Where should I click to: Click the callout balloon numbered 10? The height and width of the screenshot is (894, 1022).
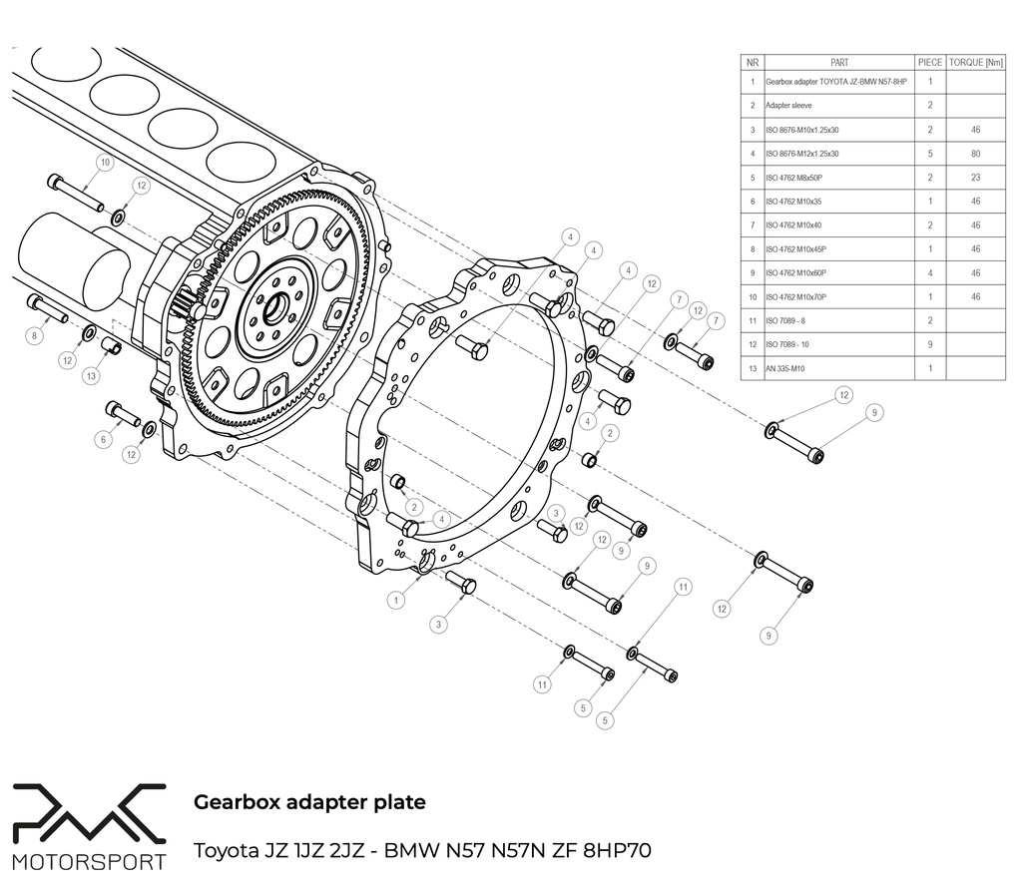click(x=105, y=162)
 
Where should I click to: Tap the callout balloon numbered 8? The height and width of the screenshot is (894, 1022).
click(x=34, y=336)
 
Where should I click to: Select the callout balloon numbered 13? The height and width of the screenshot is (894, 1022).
click(x=91, y=376)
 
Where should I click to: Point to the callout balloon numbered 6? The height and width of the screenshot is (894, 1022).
click(x=101, y=439)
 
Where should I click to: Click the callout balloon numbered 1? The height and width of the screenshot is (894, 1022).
click(x=397, y=601)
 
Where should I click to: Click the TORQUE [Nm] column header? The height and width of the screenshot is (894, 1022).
click(x=975, y=62)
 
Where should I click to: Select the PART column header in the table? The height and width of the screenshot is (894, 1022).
click(x=838, y=62)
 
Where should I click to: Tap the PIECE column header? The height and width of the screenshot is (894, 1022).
click(x=929, y=62)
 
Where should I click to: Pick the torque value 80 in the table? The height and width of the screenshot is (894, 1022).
click(x=974, y=154)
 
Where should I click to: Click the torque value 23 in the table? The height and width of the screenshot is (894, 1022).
click(x=974, y=178)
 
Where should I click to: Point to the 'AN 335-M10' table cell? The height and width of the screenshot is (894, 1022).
click(x=785, y=368)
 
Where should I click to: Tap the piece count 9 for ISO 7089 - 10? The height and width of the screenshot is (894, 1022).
click(x=929, y=344)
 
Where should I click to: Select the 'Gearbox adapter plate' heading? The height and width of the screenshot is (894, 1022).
click(x=309, y=801)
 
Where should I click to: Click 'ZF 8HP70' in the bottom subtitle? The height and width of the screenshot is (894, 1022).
click(x=609, y=852)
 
